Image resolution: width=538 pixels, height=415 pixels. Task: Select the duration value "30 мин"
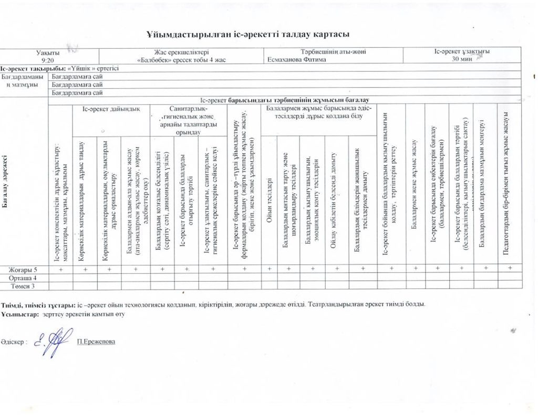coord(462,59)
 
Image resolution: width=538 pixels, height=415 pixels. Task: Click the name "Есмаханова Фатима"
coord(297,60)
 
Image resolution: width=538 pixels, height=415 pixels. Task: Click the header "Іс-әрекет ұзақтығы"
coord(462,52)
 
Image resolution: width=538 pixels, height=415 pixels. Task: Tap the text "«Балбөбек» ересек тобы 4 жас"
coord(181,60)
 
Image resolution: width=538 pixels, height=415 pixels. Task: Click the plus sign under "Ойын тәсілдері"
coord(269,269)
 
